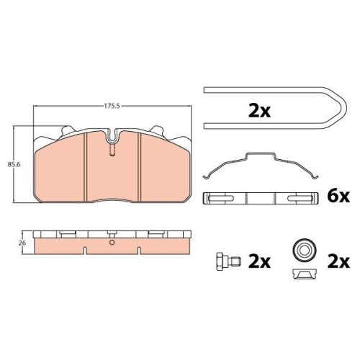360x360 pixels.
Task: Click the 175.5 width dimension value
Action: [x=112, y=106]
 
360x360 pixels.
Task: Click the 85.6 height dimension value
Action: [x=14, y=165]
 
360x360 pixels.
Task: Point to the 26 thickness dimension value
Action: [x=22, y=243]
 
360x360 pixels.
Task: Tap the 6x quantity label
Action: [x=338, y=197]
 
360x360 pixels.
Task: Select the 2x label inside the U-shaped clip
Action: [x=259, y=111]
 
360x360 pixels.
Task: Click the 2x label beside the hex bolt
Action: [x=259, y=261]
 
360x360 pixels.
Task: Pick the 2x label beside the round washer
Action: [x=338, y=261]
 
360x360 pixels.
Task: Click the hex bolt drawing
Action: [x=229, y=261]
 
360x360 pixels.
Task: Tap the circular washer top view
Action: [x=305, y=251]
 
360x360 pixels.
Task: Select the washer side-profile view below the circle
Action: [x=305, y=274]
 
